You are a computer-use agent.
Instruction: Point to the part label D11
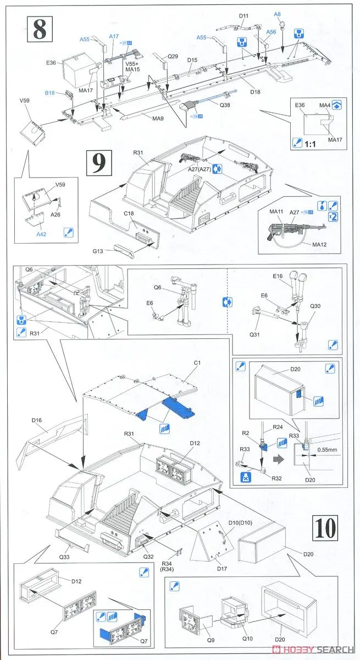[245, 16]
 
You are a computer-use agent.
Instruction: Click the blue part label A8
[278, 14]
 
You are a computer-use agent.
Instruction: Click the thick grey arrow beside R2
[280, 441]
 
